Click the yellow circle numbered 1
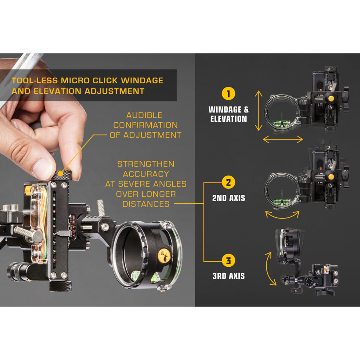[228, 94]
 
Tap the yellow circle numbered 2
[228, 182]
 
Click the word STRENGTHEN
[145, 164]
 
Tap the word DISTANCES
[146, 204]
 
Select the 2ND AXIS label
[229, 198]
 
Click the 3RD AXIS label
[229, 276]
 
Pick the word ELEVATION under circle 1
[229, 119]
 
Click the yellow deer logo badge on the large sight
[164, 256]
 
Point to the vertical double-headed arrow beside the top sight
[258, 111]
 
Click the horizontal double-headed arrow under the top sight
[283, 139]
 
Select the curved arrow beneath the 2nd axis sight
[282, 215]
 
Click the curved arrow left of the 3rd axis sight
[270, 268]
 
